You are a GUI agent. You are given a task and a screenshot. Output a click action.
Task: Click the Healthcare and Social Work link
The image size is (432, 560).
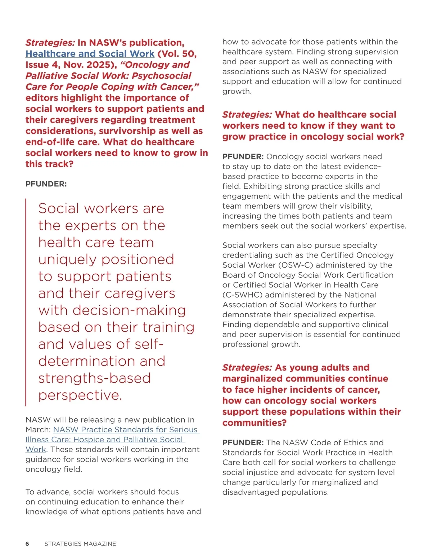coord(90,54)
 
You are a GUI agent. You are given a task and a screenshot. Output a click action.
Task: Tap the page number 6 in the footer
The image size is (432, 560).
coord(27,543)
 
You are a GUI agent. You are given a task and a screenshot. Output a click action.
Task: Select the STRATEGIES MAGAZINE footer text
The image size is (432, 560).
coord(80,543)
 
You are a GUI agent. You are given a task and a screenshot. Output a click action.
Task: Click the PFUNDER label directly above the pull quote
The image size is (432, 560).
coord(46,184)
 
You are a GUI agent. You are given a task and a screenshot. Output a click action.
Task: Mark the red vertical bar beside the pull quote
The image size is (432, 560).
coord(26,302)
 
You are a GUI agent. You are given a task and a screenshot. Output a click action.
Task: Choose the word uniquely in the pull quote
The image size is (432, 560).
coord(68,259)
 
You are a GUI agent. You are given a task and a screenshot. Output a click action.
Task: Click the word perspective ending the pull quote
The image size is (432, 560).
coord(80,395)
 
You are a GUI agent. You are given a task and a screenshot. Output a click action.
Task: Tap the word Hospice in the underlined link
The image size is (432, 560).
coord(90,440)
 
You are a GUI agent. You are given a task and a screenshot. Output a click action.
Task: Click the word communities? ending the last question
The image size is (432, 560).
coord(255,423)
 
